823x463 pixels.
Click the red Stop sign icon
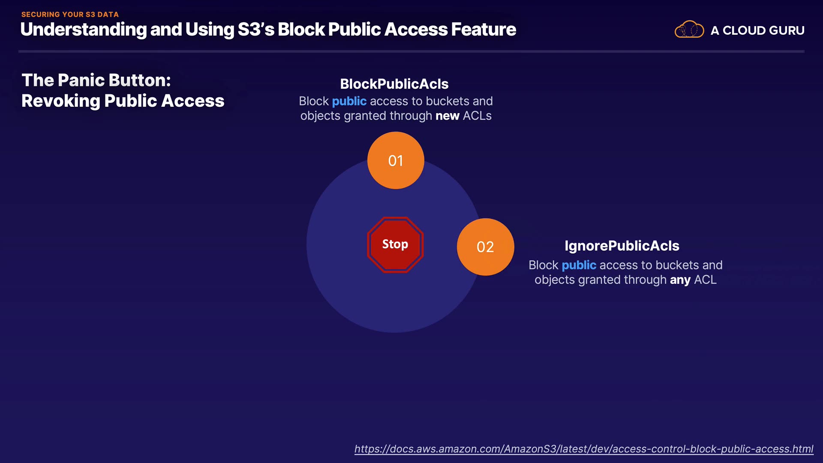coord(395,244)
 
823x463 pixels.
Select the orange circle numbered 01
coord(396,160)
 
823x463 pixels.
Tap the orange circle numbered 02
coord(485,247)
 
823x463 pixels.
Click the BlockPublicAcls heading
coord(394,84)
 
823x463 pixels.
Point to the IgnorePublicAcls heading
coord(622,246)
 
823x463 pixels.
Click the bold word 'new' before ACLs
coord(447,116)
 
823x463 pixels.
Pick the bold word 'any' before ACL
coord(680,280)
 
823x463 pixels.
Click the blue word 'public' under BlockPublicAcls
coord(349,101)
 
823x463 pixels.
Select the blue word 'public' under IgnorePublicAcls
coord(579,265)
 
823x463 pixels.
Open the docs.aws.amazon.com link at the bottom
coord(583,449)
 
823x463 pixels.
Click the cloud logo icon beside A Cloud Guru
coord(689,30)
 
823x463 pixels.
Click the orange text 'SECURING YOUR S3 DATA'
coord(70,14)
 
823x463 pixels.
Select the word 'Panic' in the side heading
coord(81,80)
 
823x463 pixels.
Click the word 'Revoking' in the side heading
coord(60,101)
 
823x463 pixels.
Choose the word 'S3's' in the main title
coord(256,29)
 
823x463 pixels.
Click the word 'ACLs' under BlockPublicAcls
coord(477,116)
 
